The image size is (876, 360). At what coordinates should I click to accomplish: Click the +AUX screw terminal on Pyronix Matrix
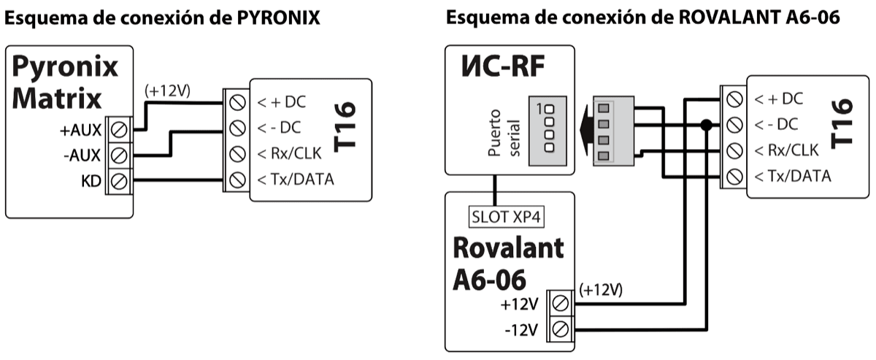tap(120, 130)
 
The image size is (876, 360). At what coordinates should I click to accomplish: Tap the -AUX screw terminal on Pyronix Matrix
tap(120, 154)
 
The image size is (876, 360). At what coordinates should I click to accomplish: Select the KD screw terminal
tap(120, 178)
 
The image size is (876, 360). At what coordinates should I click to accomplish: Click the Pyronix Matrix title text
tap(65, 82)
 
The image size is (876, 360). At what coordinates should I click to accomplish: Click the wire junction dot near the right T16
tap(705, 125)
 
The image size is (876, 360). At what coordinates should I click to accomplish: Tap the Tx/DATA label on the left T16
tap(294, 178)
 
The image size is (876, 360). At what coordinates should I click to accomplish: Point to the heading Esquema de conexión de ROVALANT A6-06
tap(643, 18)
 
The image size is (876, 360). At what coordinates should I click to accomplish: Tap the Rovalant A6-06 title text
tap(508, 262)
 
